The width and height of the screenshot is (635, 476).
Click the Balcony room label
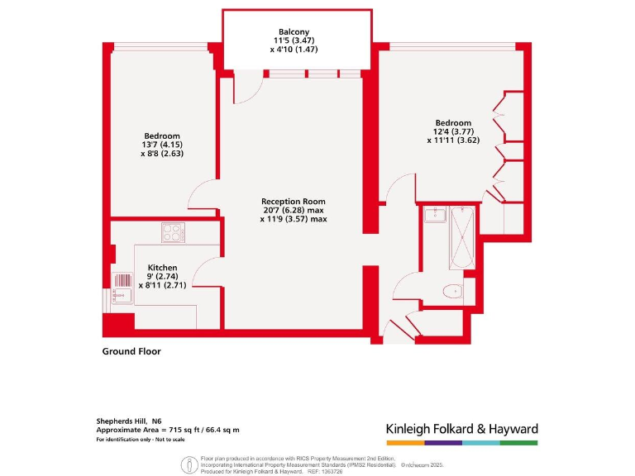point(294,31)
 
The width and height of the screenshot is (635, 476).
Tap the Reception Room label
point(293,202)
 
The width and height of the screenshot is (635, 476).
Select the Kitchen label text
point(162,268)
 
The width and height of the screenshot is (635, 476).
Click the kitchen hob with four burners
point(173,233)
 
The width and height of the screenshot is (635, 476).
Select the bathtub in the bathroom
point(461,240)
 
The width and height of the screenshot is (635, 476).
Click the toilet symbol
point(452,291)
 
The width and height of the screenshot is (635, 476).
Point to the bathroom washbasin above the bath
point(436,216)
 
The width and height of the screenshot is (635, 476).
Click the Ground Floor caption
point(131,351)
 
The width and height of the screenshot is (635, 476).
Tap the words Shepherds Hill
point(124,421)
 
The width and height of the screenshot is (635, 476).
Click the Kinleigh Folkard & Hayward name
point(461,429)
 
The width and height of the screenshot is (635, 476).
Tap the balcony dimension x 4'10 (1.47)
point(294,50)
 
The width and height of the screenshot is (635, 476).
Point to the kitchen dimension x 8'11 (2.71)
point(162,285)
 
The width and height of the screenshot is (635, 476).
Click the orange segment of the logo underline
point(404,443)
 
